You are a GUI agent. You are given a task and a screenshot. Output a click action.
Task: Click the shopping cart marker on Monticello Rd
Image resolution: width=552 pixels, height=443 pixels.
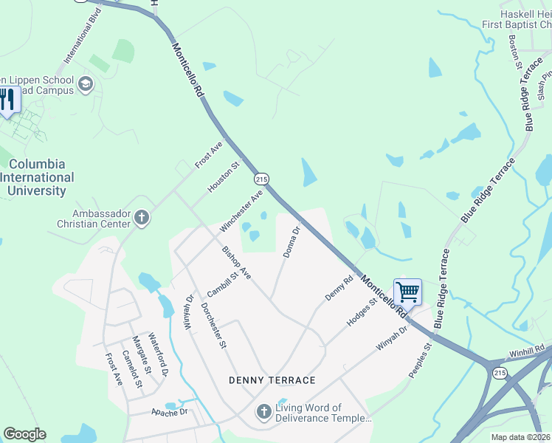pos(407,292)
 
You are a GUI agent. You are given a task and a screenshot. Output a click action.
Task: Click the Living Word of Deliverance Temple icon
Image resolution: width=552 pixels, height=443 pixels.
pos(264,412)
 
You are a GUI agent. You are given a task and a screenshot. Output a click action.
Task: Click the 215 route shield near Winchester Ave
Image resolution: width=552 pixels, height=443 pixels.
pos(261,179)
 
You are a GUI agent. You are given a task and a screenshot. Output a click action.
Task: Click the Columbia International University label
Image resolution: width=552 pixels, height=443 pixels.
pos(37,177)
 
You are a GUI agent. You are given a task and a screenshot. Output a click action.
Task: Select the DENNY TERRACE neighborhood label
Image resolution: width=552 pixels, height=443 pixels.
pos(272,380)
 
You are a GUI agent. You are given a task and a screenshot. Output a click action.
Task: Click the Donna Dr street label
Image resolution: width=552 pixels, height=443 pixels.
pos(292,242)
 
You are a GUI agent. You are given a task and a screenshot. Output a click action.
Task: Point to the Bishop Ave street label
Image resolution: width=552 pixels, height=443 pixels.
pos(237,263)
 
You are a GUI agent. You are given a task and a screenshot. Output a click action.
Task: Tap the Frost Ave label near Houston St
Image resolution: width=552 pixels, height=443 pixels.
pos(210,155)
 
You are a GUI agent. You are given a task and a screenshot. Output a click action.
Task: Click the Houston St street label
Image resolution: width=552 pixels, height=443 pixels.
pos(224,178)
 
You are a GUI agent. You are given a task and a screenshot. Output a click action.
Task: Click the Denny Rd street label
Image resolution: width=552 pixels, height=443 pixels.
pos(339,288)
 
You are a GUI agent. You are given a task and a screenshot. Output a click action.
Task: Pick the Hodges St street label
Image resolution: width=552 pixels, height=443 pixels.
pos(362,312)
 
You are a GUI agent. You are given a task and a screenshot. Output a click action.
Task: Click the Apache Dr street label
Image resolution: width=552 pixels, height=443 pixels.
pos(165,412)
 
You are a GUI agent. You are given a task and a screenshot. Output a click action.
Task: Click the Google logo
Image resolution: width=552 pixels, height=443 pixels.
pos(24,434)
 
